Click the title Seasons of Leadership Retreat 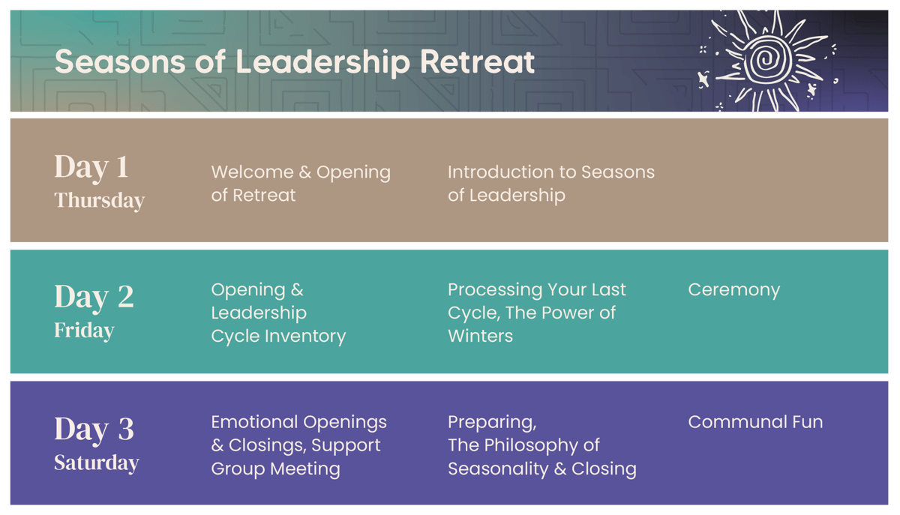point(295,61)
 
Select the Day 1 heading point(91,166)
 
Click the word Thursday point(99,200)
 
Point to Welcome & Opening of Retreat point(300,183)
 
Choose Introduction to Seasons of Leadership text point(550,183)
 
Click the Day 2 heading point(94,297)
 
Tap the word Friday point(84,331)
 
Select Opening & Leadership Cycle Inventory point(277,313)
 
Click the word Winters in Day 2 point(480,336)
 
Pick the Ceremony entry point(733,289)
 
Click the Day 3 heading point(94,429)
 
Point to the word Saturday point(96,463)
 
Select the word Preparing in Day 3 point(491,422)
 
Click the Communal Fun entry point(754,422)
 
